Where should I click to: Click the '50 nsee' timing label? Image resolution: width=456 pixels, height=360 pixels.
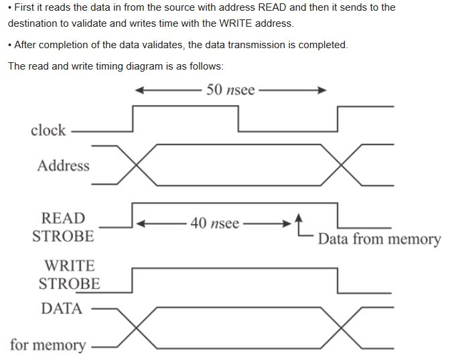point(230,90)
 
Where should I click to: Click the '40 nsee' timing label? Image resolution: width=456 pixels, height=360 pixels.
point(214,223)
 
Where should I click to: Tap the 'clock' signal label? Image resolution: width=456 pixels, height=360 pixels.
point(48,130)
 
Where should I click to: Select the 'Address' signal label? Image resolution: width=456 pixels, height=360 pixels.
point(63,165)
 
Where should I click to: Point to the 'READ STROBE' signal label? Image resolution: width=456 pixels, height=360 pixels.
point(63,227)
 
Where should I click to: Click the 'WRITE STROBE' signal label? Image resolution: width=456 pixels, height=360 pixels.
point(69,274)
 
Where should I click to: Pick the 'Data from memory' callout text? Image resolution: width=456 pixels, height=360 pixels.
point(379,239)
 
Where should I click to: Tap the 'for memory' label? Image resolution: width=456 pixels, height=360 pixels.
point(48,345)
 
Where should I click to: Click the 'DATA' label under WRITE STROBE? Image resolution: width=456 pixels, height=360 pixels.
point(62,308)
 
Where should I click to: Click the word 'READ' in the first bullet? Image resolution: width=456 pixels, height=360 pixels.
point(274,7)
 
